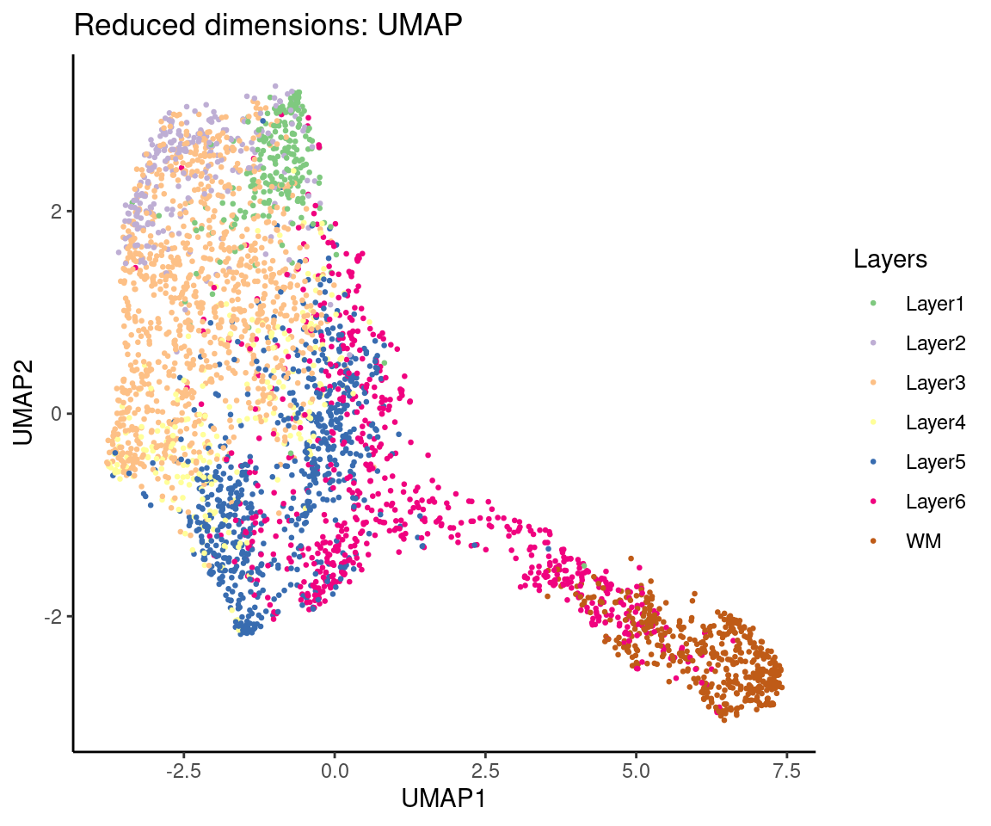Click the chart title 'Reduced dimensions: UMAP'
(x=268, y=26)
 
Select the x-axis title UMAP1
(x=444, y=798)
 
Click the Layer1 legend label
(x=935, y=303)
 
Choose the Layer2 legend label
(x=935, y=342)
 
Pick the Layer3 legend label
(x=935, y=382)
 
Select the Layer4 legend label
(x=935, y=422)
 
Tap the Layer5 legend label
(x=935, y=461)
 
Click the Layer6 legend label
(x=935, y=501)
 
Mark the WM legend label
(x=923, y=540)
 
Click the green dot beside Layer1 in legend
(x=874, y=303)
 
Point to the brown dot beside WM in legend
(x=874, y=540)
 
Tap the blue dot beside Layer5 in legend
(x=874, y=461)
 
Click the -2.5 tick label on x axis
(x=182, y=767)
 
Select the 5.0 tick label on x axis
(x=636, y=767)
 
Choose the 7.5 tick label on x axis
(x=787, y=767)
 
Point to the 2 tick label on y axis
(x=56, y=211)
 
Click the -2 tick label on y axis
(x=52, y=616)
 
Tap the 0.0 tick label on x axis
(x=334, y=767)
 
